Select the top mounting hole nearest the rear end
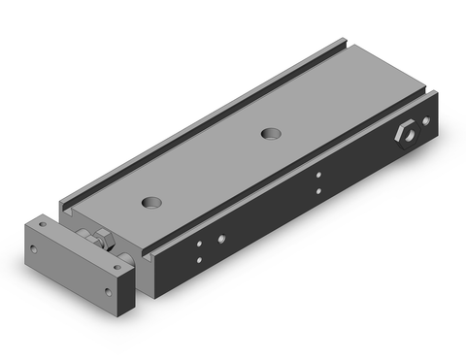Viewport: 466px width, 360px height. (x=267, y=129)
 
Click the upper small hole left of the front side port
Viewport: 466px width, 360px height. (x=198, y=243)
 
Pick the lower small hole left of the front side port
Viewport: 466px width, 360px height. (x=199, y=259)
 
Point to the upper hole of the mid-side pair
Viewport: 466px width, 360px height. (x=318, y=177)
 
